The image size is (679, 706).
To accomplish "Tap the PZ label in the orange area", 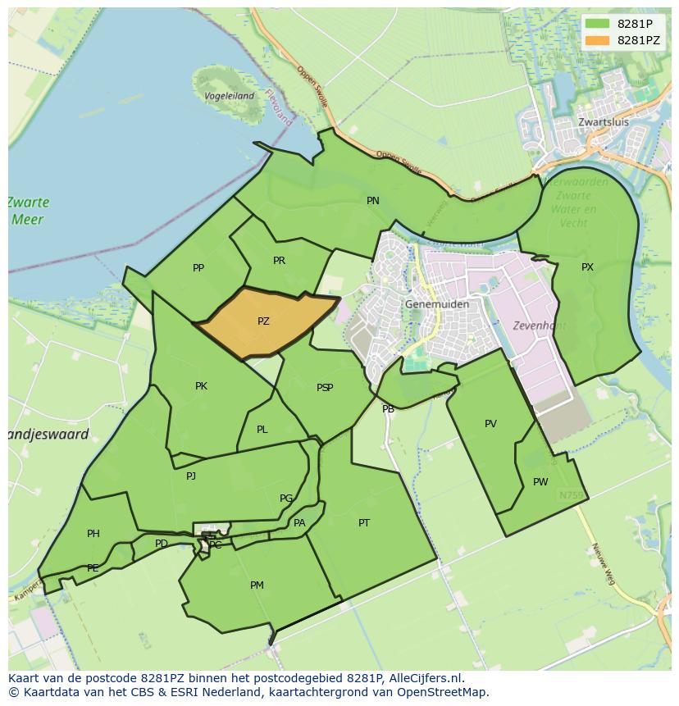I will click(263, 321).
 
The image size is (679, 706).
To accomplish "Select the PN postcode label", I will click(373, 200).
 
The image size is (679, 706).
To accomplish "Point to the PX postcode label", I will click(587, 267).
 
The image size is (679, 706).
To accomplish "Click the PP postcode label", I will click(198, 268).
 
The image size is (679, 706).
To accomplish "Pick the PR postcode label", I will click(279, 261).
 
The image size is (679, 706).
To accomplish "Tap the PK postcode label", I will click(201, 386).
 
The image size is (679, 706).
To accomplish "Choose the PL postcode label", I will click(262, 429).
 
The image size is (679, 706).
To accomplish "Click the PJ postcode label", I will click(191, 476).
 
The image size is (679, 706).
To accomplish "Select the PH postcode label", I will click(93, 534).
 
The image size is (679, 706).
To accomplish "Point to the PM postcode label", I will click(257, 585).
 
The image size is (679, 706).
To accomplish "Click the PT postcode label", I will click(364, 522).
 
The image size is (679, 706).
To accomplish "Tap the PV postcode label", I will click(490, 424).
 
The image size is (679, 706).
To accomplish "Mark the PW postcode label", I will click(540, 481).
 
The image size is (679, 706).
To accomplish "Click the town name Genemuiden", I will click(437, 304).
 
